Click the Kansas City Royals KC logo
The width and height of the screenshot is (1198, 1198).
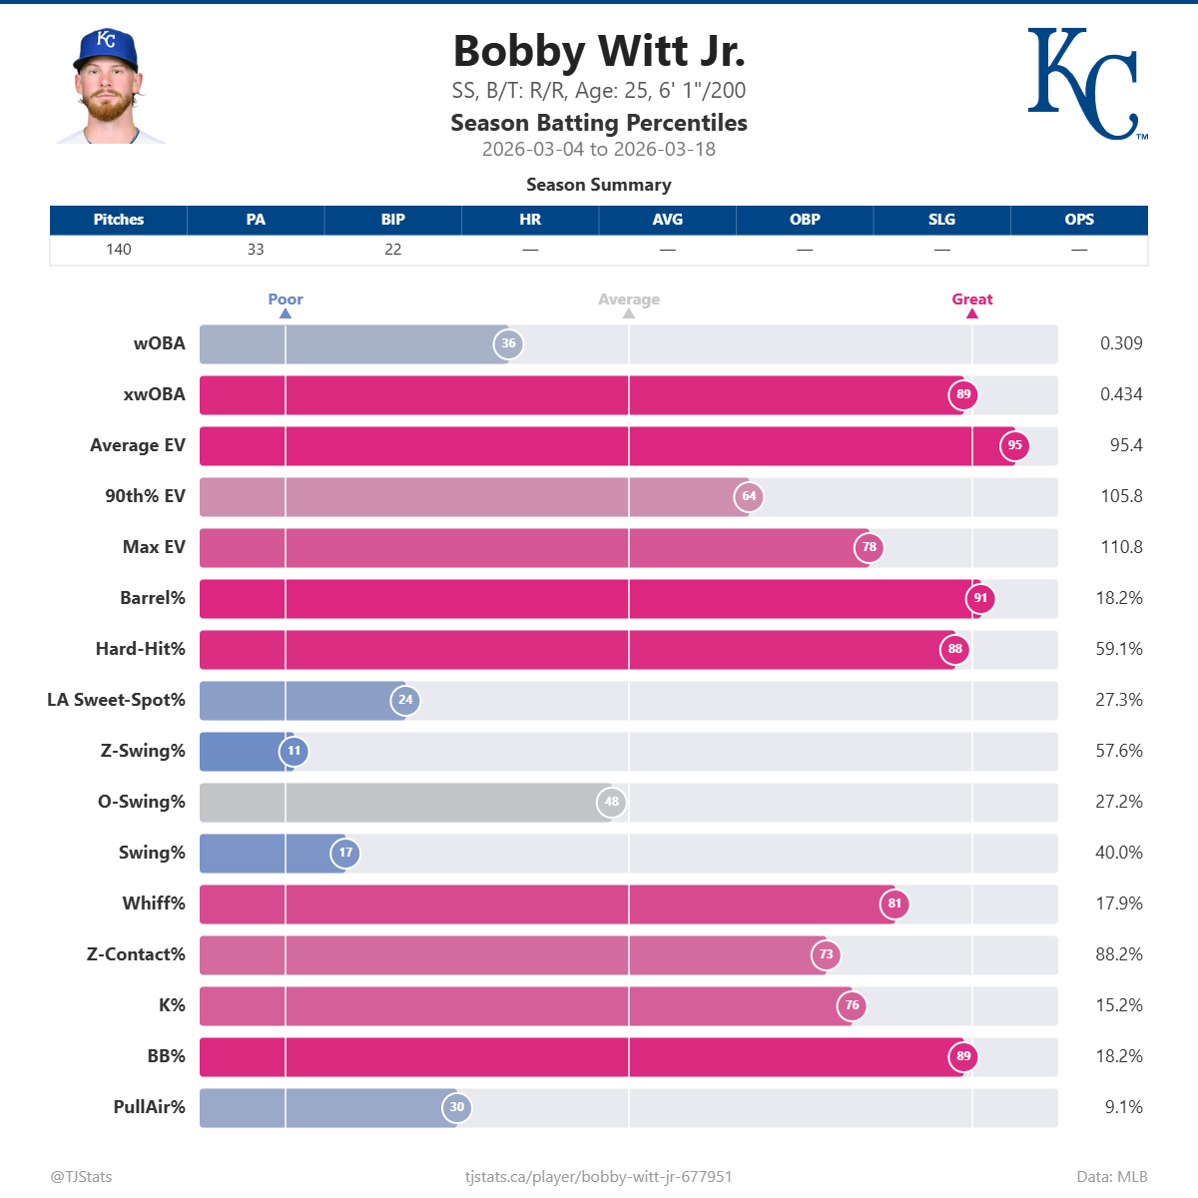pyautogui.click(x=1086, y=84)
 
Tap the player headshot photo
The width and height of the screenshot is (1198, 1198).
pyautogui.click(x=107, y=87)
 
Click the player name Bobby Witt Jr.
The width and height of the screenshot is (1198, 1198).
pyautogui.click(x=599, y=51)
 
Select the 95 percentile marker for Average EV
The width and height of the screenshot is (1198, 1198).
pyautogui.click(x=1014, y=445)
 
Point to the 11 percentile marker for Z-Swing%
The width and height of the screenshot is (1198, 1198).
pyautogui.click(x=294, y=751)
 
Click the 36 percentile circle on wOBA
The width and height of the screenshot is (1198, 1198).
pyautogui.click(x=508, y=343)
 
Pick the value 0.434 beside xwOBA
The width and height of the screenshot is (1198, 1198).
pyautogui.click(x=1121, y=394)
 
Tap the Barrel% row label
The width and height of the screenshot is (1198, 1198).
pyautogui.click(x=153, y=598)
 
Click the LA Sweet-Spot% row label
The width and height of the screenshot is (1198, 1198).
pyautogui.click(x=116, y=700)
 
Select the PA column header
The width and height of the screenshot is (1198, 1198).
pyautogui.click(x=256, y=220)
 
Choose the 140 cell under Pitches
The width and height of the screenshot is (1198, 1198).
pyautogui.click(x=119, y=250)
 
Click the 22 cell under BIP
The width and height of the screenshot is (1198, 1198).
pyautogui.click(x=393, y=250)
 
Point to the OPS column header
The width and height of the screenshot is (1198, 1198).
pyautogui.click(x=1079, y=220)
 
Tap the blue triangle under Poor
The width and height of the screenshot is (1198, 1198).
pyautogui.click(x=286, y=313)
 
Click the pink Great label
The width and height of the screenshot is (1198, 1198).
pyautogui.click(x=971, y=299)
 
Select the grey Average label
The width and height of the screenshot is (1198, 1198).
pyautogui.click(x=629, y=299)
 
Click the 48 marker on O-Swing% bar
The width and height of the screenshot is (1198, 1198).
pyautogui.click(x=611, y=802)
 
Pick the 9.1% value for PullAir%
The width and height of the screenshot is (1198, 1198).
pyautogui.click(x=1123, y=1107)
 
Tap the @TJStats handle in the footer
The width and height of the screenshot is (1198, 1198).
pyautogui.click(x=82, y=1177)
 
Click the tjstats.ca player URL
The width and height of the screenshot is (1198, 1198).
pyautogui.click(x=599, y=1177)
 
